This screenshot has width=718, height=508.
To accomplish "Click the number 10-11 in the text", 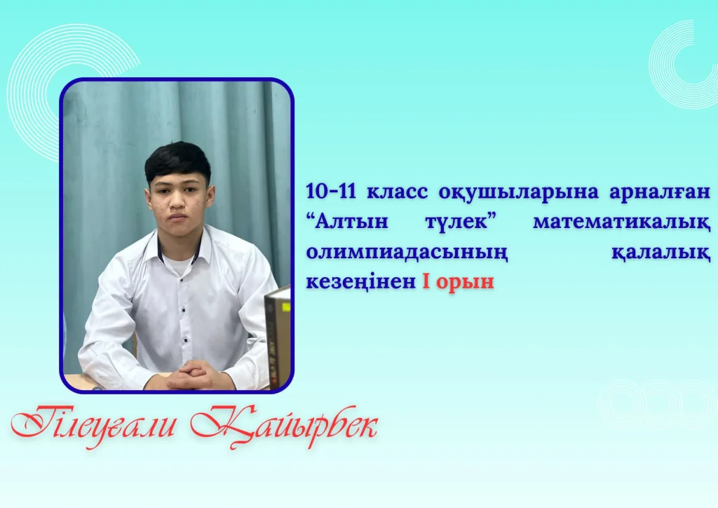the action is point(331,192).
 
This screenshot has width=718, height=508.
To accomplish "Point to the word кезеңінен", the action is point(361,282).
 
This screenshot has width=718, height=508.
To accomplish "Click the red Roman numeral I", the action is point(426,281).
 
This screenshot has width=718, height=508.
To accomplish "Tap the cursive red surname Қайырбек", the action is point(284,426).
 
